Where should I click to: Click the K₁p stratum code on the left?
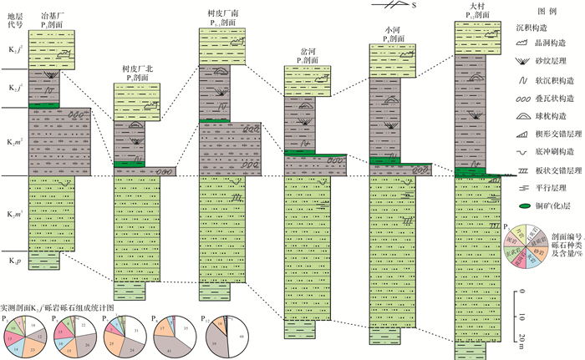pos(12,262)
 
